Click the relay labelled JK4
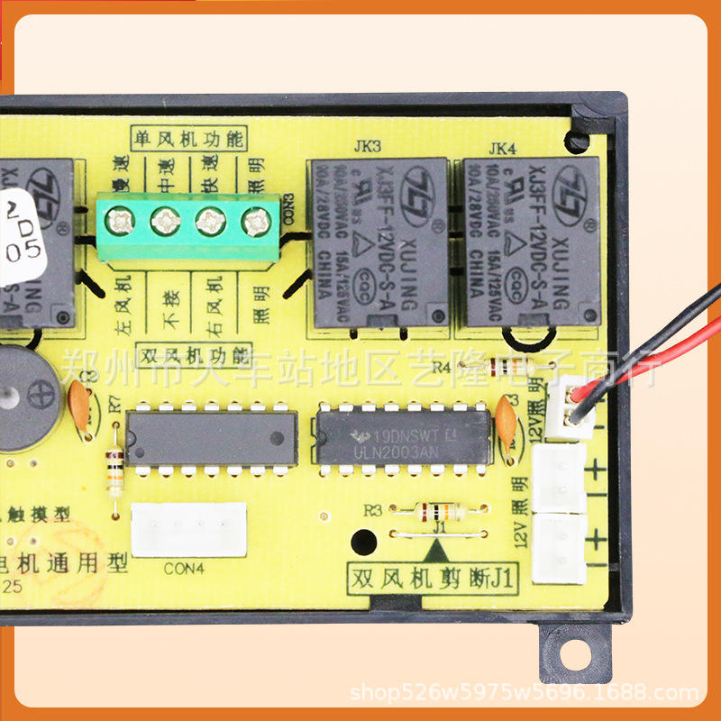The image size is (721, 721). (x=532, y=242)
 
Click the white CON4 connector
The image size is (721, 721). (x=188, y=529)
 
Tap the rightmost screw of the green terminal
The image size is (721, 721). (x=257, y=219)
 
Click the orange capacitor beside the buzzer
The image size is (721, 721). (x=78, y=406)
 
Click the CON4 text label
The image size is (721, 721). (x=184, y=569)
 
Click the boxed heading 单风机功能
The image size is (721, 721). (x=188, y=139)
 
